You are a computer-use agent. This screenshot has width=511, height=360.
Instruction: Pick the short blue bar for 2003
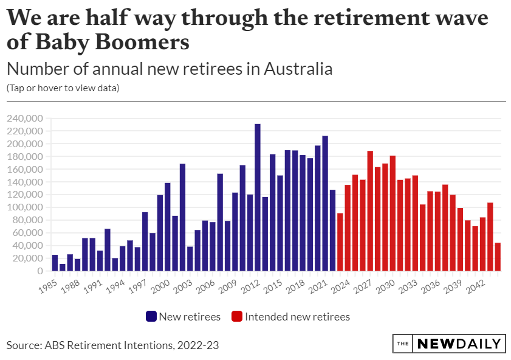[190, 258]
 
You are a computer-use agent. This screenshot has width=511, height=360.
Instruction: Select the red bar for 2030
[393, 213]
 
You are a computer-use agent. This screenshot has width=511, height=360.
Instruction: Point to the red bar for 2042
[490, 237]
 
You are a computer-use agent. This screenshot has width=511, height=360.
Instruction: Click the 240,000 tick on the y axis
[25, 119]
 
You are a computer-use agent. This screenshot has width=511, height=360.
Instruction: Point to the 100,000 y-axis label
[25, 207]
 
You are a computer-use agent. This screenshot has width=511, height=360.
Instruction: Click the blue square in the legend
[151, 316]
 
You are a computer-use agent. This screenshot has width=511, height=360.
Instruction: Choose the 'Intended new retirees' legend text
[297, 316]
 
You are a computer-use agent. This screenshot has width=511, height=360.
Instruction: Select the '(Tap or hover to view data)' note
[63, 88]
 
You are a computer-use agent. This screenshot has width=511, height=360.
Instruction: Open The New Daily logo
[449, 344]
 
